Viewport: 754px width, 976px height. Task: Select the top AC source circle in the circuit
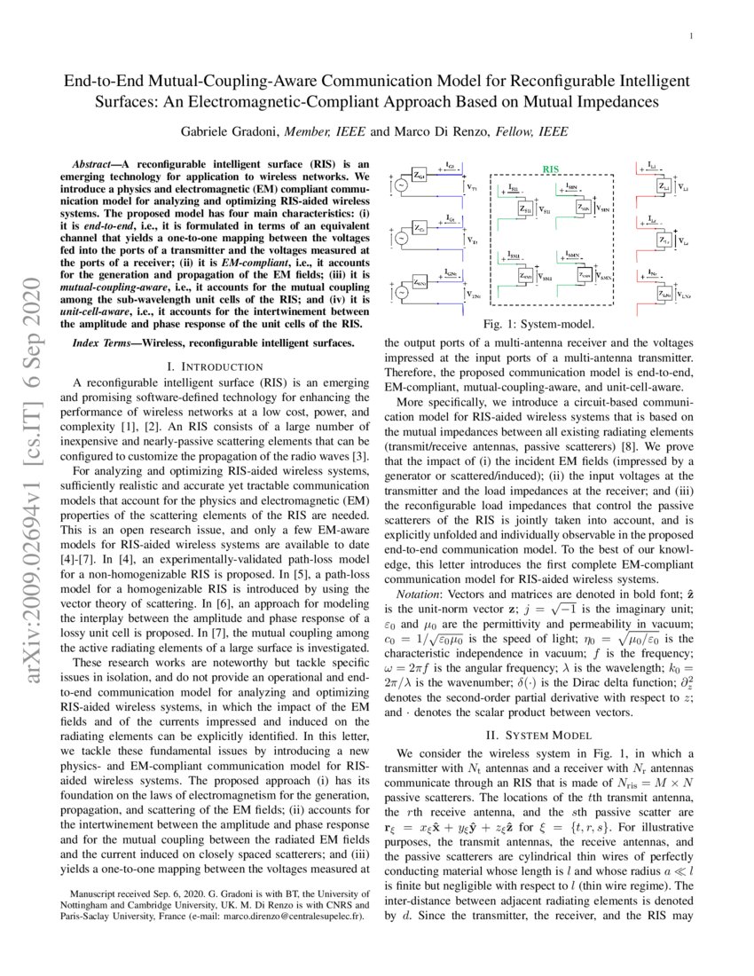[400, 185]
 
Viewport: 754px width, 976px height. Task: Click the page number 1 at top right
[690, 35]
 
